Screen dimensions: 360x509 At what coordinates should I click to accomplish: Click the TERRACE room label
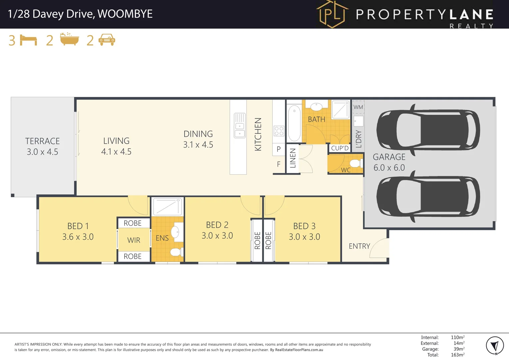pos(42,141)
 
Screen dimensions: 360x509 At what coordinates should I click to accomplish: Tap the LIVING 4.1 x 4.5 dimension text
pos(116,152)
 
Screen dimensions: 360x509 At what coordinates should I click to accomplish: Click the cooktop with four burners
pos(279,131)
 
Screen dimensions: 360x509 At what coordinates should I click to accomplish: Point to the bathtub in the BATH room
pos(294,123)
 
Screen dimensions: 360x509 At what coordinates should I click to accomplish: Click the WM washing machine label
pos(358,107)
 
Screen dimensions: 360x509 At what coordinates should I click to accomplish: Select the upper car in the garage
pos(428,130)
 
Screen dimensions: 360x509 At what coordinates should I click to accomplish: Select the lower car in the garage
pos(428,196)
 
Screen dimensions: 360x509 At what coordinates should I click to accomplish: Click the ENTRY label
pos(359,246)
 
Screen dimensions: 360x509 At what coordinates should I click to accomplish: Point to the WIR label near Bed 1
pos(134,240)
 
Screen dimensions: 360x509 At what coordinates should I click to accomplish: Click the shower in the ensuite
pos(167,207)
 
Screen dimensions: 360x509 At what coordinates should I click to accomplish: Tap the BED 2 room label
pos(217,225)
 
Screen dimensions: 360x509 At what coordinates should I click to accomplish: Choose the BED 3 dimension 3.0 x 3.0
pos(304,237)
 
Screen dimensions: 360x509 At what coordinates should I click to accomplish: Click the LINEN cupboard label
pos(293,158)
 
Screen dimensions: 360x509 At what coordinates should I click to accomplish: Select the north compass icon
pos(494,346)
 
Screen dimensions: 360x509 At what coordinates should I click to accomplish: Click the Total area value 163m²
pos(457,355)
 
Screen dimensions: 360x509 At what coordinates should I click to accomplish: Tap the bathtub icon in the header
pos(69,39)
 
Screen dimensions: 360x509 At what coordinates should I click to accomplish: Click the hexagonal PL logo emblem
pos(332,14)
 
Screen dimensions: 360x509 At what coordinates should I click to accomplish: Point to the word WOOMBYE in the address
pos(125,14)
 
